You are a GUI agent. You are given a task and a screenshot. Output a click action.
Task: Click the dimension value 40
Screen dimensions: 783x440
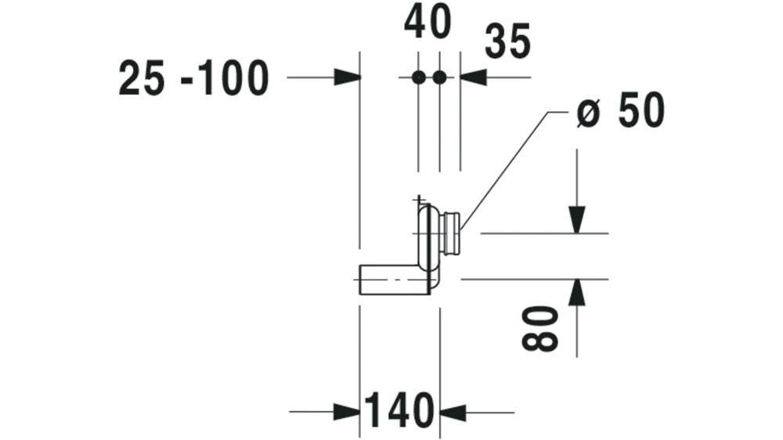428,23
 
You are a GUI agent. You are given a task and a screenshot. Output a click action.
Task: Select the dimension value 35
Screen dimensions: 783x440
507,41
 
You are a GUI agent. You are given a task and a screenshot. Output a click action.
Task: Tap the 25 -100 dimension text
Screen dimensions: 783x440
193,78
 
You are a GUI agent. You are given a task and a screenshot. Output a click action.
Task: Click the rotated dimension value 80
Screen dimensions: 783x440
539,329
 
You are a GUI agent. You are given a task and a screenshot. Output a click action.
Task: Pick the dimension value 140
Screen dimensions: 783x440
400,410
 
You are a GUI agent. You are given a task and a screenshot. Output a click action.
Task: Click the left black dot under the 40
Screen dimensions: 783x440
418,78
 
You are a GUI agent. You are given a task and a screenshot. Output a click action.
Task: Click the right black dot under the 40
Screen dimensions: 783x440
439,78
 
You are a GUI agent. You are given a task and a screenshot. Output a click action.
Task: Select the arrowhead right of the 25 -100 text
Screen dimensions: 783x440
348,78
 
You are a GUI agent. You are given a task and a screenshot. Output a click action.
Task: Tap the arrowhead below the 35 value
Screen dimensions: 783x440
474,78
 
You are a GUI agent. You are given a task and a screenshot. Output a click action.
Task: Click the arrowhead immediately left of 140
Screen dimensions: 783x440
348,413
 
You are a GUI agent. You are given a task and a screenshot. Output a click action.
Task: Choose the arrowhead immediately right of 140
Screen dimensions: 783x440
453,413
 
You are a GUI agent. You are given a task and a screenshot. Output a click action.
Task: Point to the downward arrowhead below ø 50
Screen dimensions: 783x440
577,220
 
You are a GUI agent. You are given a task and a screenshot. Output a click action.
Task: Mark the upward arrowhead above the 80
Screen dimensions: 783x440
577,292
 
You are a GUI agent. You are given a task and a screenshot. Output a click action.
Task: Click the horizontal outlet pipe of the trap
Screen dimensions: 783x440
395,280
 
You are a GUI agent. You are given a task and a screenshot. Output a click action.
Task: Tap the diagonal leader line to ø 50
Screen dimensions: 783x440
503,171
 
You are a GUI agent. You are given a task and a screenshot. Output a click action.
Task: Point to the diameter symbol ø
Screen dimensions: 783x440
587,114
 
